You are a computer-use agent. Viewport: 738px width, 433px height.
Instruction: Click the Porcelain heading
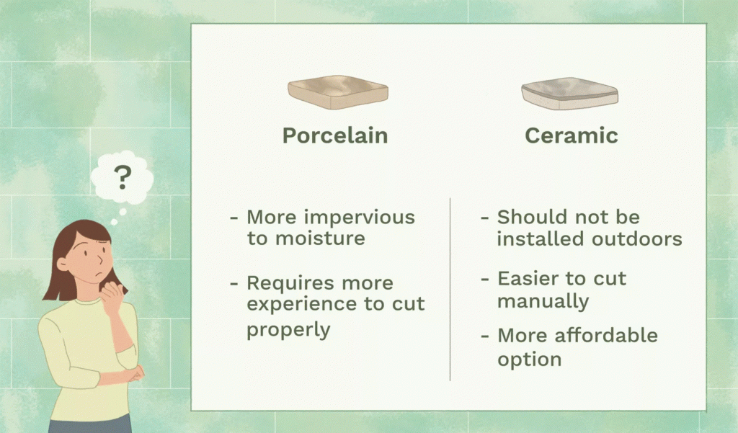point(334,135)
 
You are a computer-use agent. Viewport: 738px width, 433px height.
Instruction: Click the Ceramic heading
point(571,135)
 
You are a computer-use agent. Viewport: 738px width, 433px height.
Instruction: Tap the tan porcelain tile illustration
point(338,92)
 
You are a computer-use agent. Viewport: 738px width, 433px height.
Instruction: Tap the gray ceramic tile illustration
point(569,94)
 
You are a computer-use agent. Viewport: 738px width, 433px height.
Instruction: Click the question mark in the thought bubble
point(123,175)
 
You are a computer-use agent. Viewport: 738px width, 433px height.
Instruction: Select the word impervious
point(367,218)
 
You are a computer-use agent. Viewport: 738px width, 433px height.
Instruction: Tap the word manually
point(543,300)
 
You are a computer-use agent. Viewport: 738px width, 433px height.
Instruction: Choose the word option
point(529,358)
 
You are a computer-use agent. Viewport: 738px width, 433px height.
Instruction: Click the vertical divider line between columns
point(450,288)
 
